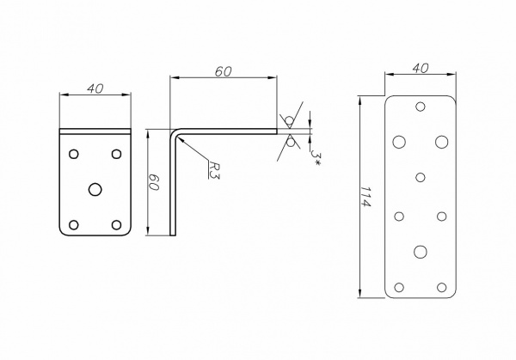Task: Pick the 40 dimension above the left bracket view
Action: point(95,88)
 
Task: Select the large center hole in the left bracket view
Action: point(95,186)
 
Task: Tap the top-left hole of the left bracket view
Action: point(73,153)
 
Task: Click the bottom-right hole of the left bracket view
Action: point(116,224)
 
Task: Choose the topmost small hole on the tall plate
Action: point(420,107)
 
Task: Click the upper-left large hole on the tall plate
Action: point(398,140)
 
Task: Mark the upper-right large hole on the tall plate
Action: point(441,140)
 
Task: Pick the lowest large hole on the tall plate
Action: point(420,251)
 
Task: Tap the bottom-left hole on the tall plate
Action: point(398,286)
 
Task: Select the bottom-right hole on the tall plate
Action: point(441,286)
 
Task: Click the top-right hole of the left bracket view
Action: point(116,153)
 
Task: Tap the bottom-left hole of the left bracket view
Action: point(73,224)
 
